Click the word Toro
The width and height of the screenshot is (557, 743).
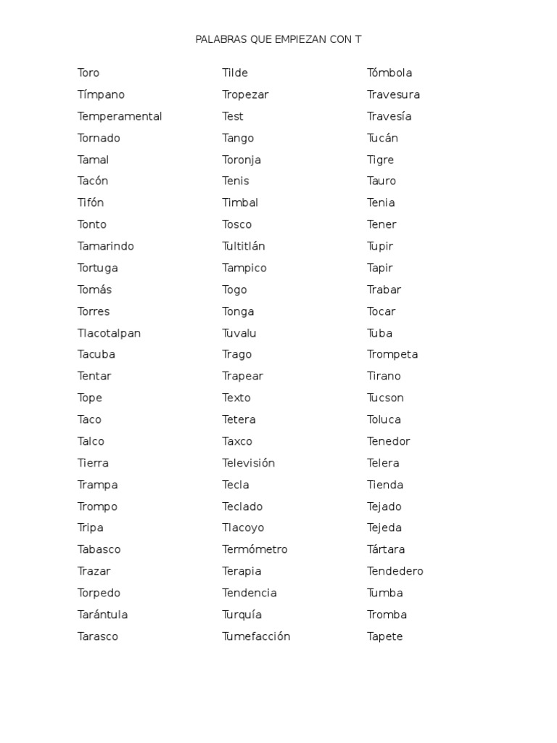click(x=88, y=73)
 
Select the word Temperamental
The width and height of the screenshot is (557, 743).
click(x=120, y=116)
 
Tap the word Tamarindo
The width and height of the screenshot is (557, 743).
click(x=106, y=246)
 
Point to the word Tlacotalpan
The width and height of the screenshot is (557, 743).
click(x=109, y=333)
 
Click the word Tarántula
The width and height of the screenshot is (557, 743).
click(x=102, y=615)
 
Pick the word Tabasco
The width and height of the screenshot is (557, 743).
click(x=99, y=549)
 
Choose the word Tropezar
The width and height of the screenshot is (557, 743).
click(x=245, y=94)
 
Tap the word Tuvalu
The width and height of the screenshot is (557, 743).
click(x=239, y=333)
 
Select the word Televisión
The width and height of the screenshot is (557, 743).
click(x=248, y=463)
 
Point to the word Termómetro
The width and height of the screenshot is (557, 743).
click(x=255, y=549)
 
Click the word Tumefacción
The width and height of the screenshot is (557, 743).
click(x=256, y=636)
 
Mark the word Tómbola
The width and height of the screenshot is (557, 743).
click(x=389, y=73)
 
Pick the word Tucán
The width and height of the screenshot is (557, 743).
click(x=382, y=138)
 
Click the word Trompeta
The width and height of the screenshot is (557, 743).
click(x=392, y=354)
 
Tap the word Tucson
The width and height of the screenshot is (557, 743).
click(x=385, y=398)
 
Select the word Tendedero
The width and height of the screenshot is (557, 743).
click(x=395, y=571)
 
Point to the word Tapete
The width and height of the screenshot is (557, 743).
click(x=384, y=636)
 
